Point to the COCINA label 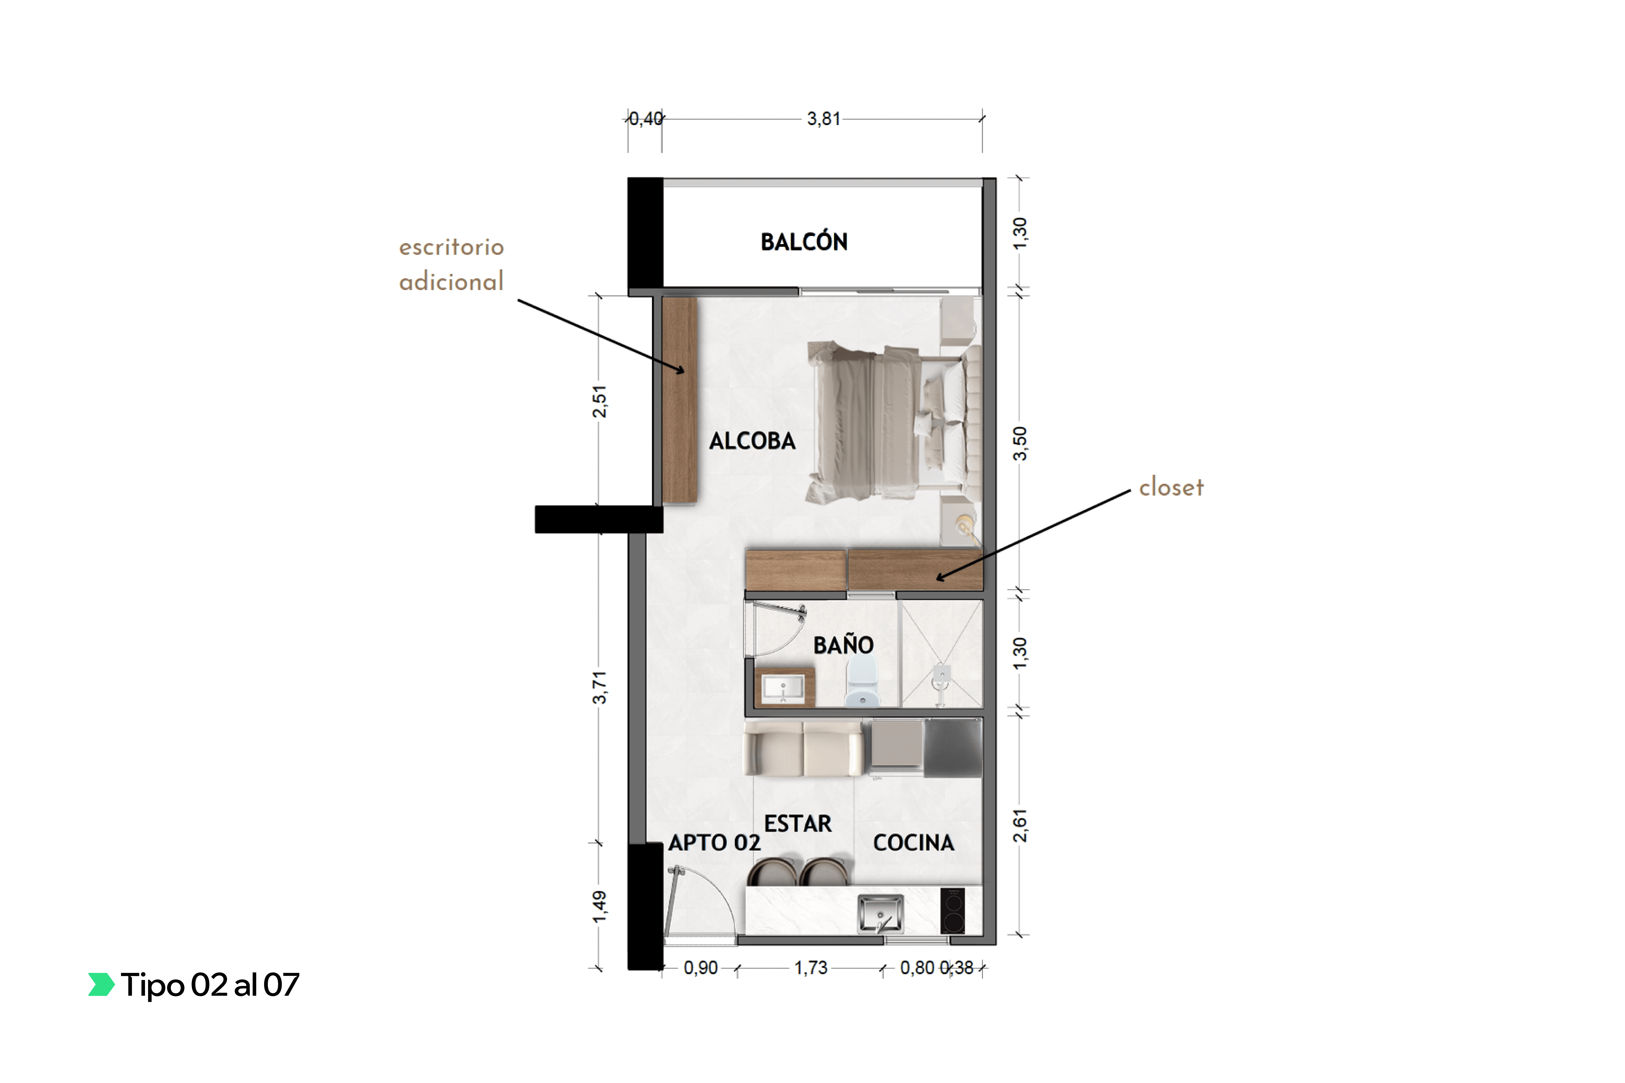913,843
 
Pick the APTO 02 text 714,843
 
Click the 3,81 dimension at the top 824,119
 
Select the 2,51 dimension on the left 599,401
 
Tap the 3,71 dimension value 599,687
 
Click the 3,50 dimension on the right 1020,443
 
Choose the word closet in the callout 1171,487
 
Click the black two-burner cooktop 953,910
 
